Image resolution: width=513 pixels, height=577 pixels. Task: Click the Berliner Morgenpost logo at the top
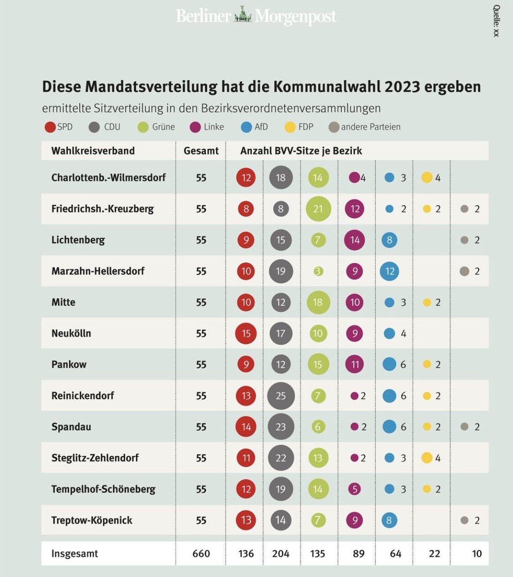pos(256,16)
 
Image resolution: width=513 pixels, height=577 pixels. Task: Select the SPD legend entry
pos(58,127)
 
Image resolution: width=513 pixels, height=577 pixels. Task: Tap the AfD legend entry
pos(254,127)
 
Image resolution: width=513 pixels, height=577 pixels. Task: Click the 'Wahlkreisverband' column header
pos(93,151)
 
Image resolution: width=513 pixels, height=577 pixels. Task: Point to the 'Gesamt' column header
pos(201,151)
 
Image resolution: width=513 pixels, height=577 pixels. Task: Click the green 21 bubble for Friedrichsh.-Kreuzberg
pos(318,209)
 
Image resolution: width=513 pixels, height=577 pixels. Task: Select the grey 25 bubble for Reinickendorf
pos(281,396)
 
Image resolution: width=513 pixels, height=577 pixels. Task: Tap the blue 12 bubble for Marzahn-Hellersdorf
pos(390,271)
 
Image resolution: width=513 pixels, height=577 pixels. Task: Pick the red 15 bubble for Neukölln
pos(246,333)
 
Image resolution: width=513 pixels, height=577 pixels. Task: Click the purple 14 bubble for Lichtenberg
pos(355,240)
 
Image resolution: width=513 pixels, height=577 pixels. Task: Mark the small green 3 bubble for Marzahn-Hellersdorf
pos(318,271)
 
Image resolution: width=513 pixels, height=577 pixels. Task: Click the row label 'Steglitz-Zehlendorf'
pos(95,458)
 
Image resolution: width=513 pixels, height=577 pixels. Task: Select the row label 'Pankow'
pos(69,364)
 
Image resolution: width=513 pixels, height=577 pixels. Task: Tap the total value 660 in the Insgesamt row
pos(201,553)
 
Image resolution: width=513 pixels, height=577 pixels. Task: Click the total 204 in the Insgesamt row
pos(281,553)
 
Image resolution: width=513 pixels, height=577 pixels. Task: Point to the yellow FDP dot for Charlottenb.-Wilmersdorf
pos(426,177)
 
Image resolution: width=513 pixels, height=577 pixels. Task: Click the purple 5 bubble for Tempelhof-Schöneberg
pos(355,489)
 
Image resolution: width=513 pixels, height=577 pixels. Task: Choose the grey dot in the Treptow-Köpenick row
pos(464,520)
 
